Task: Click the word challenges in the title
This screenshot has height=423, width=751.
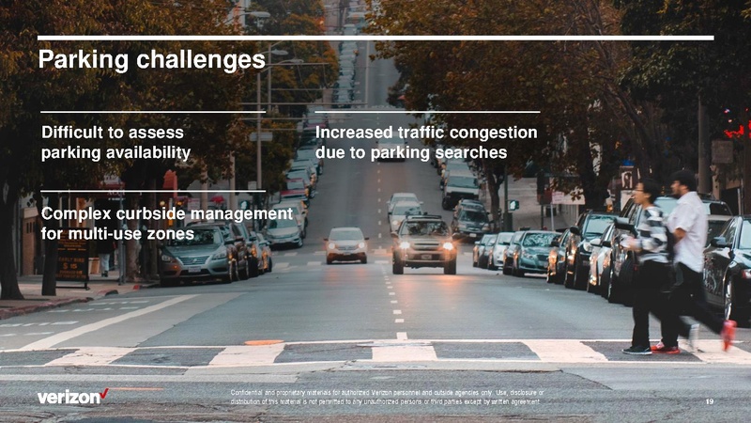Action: click(198, 61)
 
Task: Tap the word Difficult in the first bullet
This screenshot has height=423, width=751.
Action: click(75, 133)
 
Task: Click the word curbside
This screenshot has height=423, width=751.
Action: click(163, 214)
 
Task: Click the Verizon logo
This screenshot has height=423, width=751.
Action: click(72, 397)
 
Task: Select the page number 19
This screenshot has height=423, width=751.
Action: click(709, 401)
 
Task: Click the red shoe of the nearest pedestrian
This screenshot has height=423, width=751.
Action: click(728, 334)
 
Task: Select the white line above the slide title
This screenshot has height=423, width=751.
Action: click(375, 39)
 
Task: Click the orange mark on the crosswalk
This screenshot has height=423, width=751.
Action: click(264, 342)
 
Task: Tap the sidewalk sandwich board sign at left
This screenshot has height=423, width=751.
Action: click(72, 258)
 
